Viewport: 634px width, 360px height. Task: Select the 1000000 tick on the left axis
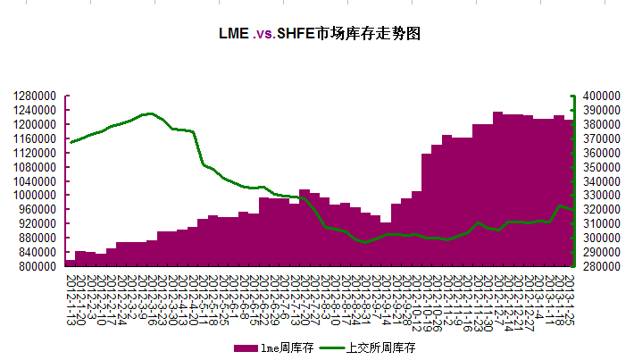click(x=37, y=195)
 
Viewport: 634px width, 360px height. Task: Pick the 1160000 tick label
click(x=37, y=138)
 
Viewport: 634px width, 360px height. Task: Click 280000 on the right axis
click(x=597, y=266)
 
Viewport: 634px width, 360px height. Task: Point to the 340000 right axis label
click(x=597, y=181)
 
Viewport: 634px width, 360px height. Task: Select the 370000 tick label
click(x=597, y=138)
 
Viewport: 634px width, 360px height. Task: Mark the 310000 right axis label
click(x=597, y=223)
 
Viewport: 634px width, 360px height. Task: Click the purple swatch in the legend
click(x=245, y=347)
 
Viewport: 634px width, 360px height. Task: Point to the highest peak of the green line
click(x=150, y=113)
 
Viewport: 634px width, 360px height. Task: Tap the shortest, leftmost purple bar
click(x=70, y=263)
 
